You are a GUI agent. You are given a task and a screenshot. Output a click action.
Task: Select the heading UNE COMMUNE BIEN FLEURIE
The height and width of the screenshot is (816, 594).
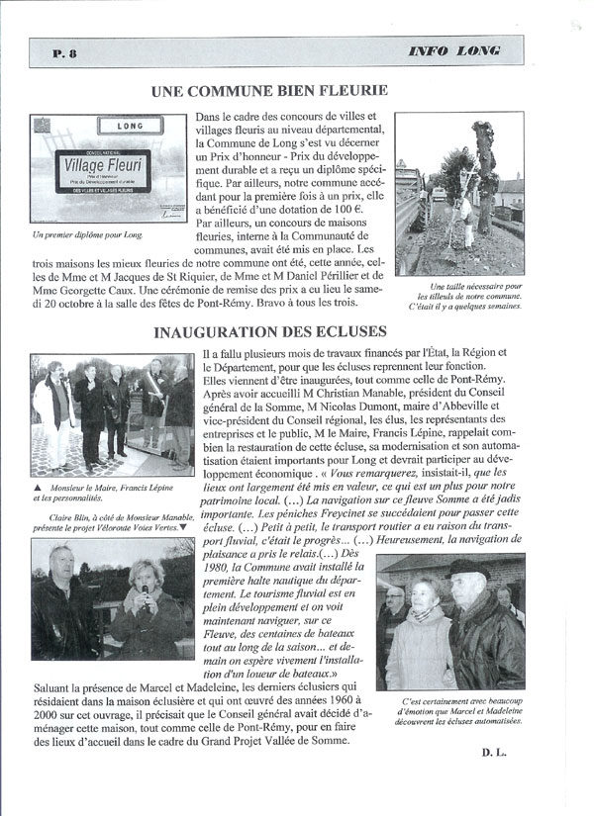pos(269,91)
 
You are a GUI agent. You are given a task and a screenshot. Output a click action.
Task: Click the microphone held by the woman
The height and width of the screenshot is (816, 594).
pos(145,593)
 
